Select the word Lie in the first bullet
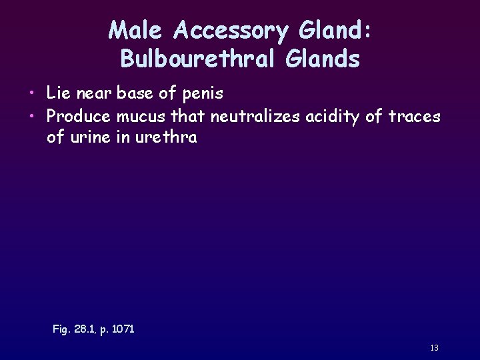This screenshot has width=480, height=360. (58, 93)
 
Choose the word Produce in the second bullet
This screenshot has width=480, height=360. (79, 116)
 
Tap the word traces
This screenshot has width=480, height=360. (415, 116)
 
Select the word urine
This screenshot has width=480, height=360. (87, 139)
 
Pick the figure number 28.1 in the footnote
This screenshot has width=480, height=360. (87, 329)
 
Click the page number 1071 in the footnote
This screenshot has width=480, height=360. (121, 329)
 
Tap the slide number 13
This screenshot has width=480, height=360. (434, 348)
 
